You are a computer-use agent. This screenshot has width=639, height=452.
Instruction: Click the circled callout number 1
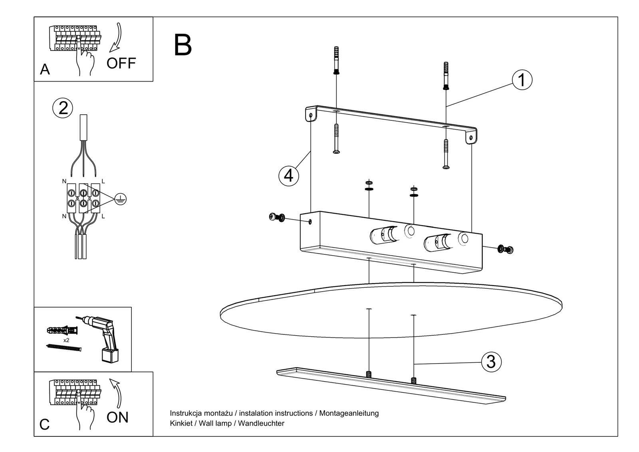(522, 80)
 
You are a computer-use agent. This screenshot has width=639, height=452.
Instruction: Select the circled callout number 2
(63, 108)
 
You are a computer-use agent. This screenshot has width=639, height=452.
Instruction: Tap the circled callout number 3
(491, 362)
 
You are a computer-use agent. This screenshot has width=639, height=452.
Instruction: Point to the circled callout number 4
(288, 176)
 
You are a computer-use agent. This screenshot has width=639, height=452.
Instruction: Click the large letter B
(183, 45)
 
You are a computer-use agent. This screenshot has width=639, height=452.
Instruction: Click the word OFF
(121, 63)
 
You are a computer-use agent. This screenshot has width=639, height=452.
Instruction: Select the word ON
(117, 417)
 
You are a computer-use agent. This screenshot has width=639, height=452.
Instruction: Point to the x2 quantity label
(66, 340)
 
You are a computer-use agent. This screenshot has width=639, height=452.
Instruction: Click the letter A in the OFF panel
(45, 70)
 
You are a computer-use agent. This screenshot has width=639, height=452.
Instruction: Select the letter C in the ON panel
(45, 424)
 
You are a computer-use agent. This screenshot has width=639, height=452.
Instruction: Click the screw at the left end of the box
(277, 217)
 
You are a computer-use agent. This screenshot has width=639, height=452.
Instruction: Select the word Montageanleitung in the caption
(349, 413)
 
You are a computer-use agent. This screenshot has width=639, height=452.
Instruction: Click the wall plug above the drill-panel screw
(63, 331)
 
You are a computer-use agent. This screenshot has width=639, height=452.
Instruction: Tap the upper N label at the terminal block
(64, 181)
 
